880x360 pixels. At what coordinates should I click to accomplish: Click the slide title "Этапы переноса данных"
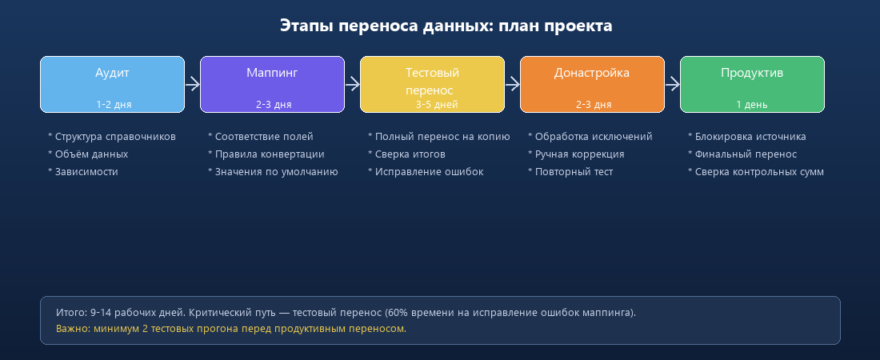(x=446, y=26)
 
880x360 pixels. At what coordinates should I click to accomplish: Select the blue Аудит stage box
(x=112, y=84)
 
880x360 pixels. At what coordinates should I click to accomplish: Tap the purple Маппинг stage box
(x=272, y=84)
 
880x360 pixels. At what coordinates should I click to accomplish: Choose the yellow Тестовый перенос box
(x=432, y=84)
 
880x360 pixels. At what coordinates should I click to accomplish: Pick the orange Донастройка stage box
(x=592, y=84)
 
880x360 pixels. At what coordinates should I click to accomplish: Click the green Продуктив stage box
(x=752, y=84)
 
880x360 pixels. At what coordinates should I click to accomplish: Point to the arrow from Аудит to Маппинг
(x=192, y=84)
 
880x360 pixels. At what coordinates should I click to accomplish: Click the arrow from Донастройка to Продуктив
(x=672, y=84)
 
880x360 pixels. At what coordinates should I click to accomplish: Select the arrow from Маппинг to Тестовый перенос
(x=352, y=84)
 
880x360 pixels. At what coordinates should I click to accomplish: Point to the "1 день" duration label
(x=752, y=104)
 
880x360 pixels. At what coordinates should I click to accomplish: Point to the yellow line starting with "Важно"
(x=231, y=329)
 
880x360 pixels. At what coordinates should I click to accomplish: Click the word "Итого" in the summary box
(x=70, y=312)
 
